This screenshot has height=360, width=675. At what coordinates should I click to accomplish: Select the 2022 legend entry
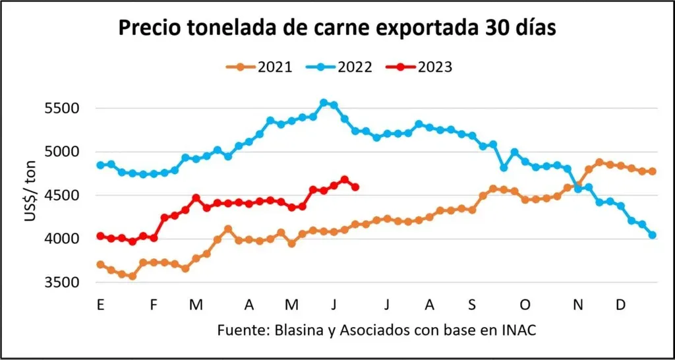click(339, 67)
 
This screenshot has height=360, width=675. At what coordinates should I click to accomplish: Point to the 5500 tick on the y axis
click(66, 109)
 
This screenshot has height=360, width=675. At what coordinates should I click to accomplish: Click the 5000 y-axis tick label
click(66, 152)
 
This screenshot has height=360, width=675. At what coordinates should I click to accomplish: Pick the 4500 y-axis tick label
click(66, 196)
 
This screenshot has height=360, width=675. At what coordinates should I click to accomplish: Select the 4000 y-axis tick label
click(66, 239)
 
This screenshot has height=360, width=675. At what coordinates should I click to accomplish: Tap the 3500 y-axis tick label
click(66, 283)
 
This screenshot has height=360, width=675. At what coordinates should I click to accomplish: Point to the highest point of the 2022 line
click(324, 103)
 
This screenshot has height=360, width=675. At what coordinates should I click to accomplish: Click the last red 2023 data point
click(355, 187)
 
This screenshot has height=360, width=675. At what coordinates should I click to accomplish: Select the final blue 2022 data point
click(653, 235)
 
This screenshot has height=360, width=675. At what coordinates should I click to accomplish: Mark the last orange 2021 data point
click(653, 171)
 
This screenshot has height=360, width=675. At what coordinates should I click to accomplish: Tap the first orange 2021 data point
click(100, 264)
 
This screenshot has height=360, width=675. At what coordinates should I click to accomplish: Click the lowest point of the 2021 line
click(132, 276)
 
